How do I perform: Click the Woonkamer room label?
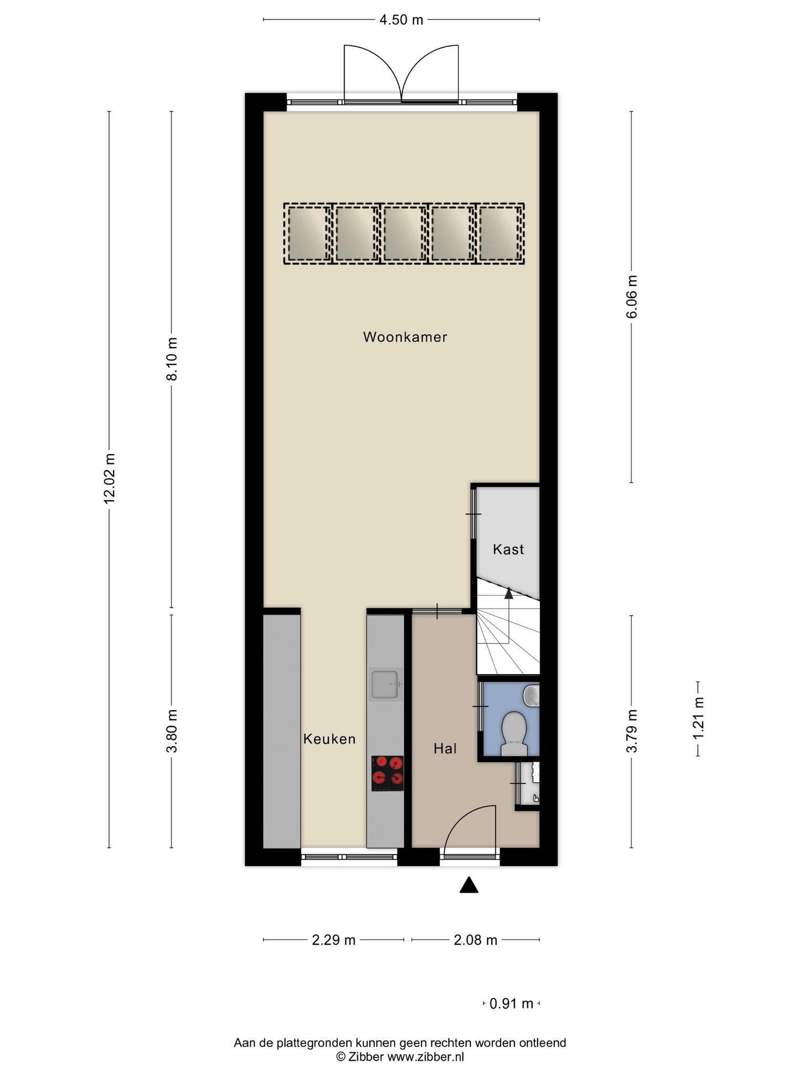pos(405,337)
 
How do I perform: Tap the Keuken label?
pos(329,739)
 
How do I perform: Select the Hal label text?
pos(445,749)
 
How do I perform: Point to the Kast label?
pos(508,550)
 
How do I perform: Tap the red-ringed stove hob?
pos(388,773)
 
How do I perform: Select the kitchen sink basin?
pos(385,684)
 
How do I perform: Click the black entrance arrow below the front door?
pos(469,886)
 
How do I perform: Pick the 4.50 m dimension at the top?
pos(401,20)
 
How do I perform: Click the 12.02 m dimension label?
pos(109,478)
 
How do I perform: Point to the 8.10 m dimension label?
pos(172,359)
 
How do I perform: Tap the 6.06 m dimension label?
pos(632,297)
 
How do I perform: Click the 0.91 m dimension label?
pos(511,1004)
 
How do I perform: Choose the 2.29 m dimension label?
pos(334,940)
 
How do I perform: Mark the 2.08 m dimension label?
pos(475,940)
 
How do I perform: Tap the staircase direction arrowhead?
pos(509,593)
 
